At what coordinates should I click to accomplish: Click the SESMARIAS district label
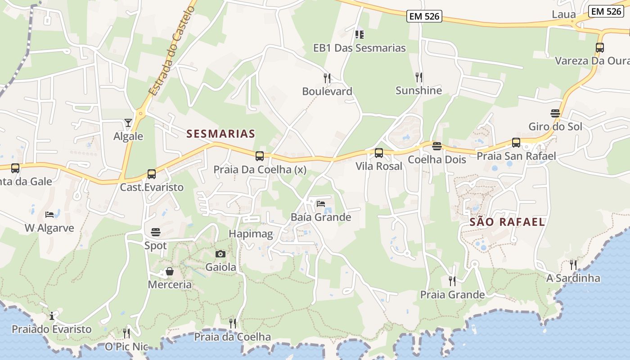220,134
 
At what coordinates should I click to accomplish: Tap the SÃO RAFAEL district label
507,222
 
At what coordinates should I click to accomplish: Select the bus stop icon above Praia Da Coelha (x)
260,156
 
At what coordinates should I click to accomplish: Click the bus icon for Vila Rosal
379,153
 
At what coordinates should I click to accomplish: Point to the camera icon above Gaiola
220,254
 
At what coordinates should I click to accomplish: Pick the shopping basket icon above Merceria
170,271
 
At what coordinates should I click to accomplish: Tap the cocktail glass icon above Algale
128,122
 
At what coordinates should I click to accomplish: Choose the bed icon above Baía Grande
321,204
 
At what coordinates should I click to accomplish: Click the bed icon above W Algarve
49,214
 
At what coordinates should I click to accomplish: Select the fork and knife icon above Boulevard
327,78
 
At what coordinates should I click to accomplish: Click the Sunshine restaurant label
418,90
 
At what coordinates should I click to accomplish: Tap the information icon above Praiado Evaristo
52,316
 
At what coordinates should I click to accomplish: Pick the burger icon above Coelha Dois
436,146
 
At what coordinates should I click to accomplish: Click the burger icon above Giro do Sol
555,113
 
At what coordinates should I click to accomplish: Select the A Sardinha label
573,278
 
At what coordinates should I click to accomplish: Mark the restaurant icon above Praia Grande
452,281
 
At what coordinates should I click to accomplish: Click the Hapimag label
251,234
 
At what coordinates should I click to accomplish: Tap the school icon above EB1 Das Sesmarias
359,34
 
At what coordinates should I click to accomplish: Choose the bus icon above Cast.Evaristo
152,174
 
